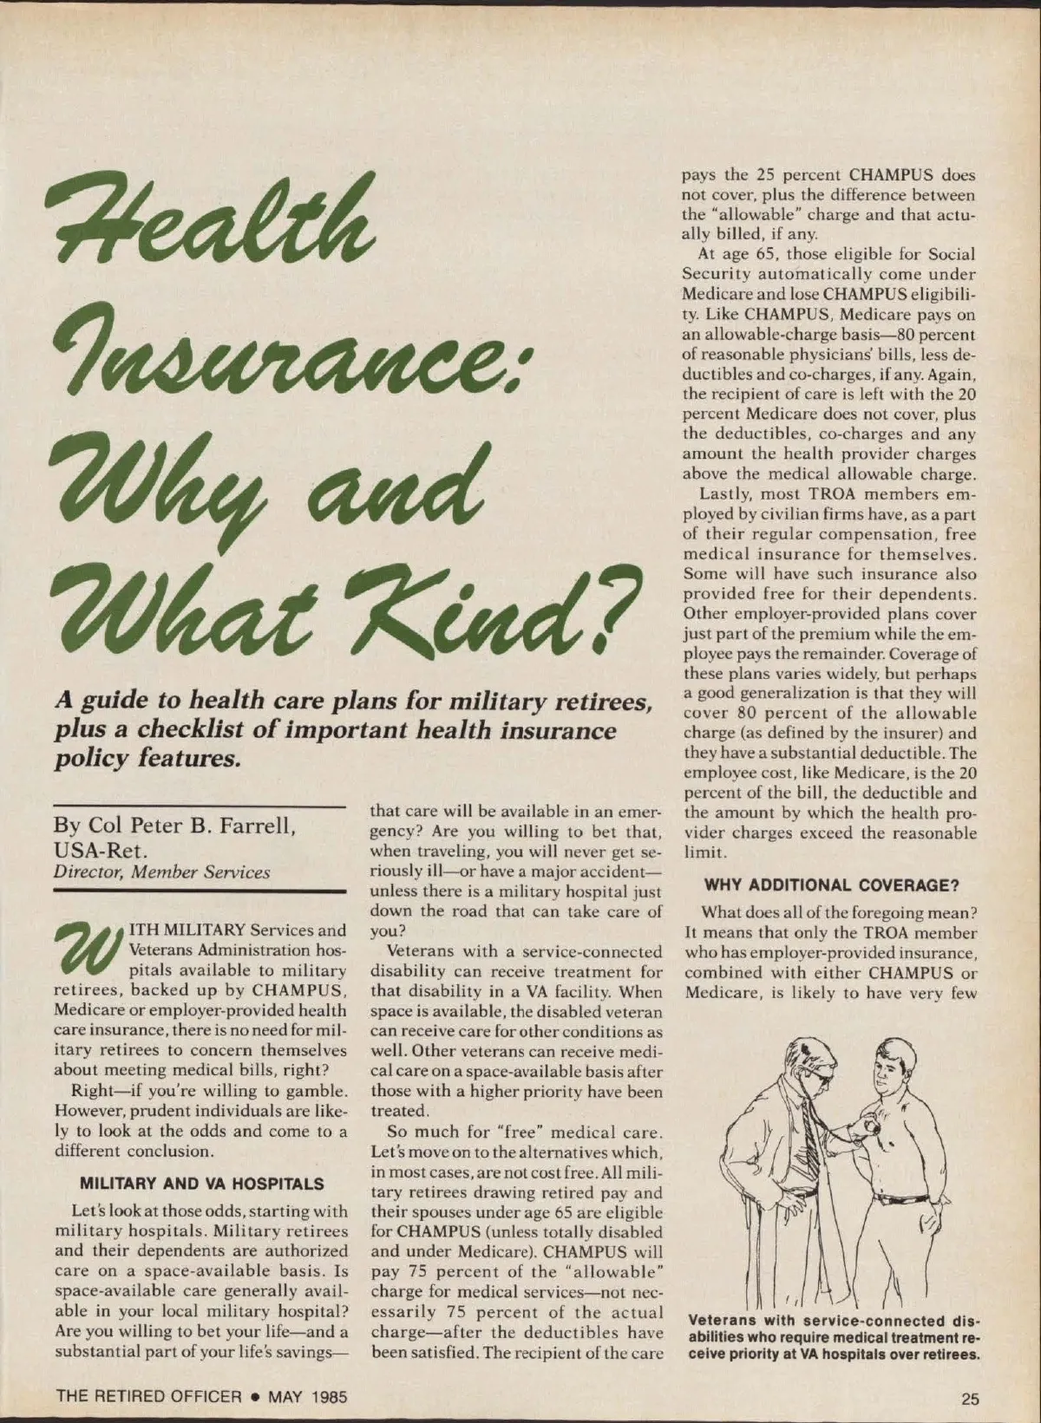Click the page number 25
point(969,1397)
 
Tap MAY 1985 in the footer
point(308,1396)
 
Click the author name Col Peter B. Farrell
point(173,825)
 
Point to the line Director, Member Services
point(161,871)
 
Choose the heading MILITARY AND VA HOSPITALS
point(201,1184)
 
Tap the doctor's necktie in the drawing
point(809,1127)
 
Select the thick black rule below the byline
point(200,891)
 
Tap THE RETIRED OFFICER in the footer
point(148,1396)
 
